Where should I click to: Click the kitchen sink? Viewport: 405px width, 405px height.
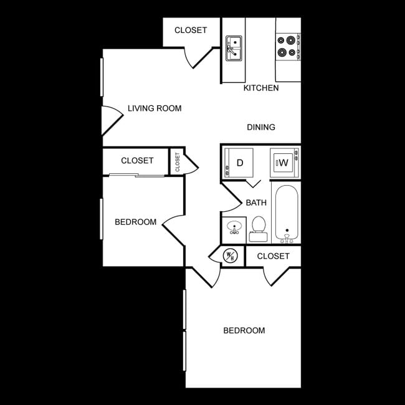[234, 48]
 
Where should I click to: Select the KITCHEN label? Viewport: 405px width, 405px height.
[261, 88]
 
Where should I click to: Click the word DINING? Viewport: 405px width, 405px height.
[261, 127]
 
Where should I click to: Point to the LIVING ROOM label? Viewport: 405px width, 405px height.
[155, 108]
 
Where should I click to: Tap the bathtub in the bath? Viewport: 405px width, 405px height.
[286, 213]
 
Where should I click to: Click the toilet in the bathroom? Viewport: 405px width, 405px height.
[257, 229]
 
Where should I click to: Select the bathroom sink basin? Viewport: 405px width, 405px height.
[234, 227]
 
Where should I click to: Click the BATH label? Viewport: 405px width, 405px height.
[256, 202]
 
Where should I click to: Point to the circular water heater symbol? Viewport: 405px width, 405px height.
[230, 255]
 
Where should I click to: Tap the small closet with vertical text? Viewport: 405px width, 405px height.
[178, 162]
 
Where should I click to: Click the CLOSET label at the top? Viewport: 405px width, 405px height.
[191, 30]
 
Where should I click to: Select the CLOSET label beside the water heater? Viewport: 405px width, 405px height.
[273, 256]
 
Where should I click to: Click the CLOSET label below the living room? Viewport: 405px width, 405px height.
[137, 161]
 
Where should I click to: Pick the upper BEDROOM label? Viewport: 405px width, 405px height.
[135, 222]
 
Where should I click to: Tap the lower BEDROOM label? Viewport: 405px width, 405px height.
[244, 330]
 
